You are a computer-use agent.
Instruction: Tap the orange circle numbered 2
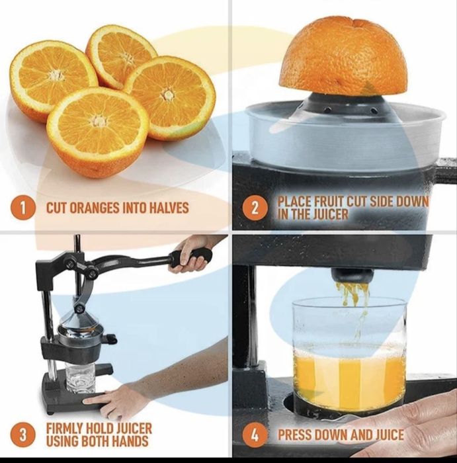255,208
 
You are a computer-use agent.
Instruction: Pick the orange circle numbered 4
255,435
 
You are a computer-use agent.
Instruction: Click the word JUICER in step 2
331,214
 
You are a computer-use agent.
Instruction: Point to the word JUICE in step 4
386,435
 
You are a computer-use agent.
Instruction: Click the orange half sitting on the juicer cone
343,56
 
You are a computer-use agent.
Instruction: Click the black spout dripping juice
351,274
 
